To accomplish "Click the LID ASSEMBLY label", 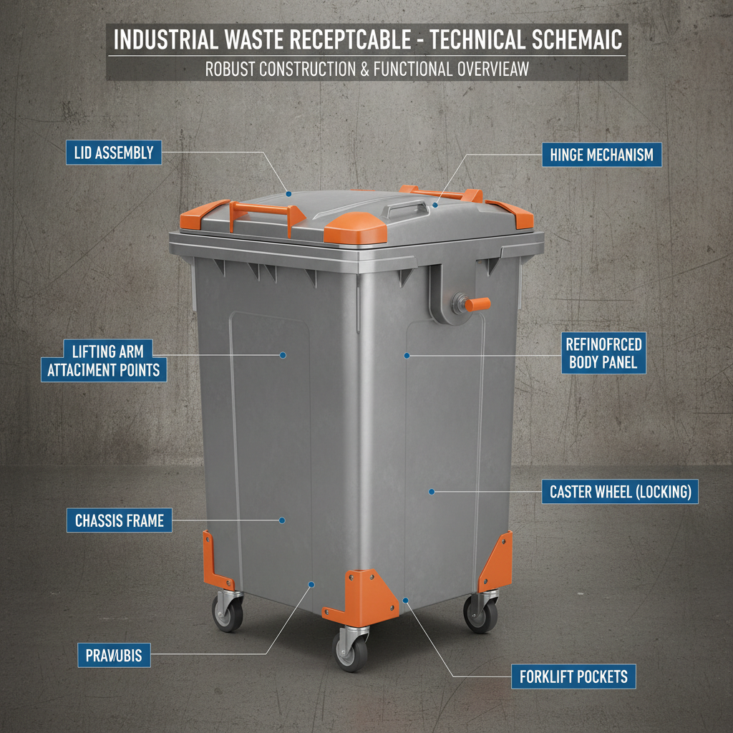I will (113, 152).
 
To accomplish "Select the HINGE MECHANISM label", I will (601, 155).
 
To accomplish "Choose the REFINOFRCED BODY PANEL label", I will (603, 353).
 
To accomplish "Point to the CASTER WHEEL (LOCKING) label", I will (619, 492).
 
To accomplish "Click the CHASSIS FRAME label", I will (120, 520).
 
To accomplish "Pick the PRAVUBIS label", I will (113, 654).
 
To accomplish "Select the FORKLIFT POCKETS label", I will (573, 676).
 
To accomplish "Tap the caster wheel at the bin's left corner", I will (228, 612).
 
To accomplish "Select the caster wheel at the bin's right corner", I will (480, 613).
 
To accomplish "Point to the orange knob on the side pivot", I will (477, 304).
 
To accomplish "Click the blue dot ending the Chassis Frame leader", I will (283, 520).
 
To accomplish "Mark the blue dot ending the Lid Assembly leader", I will (288, 193).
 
